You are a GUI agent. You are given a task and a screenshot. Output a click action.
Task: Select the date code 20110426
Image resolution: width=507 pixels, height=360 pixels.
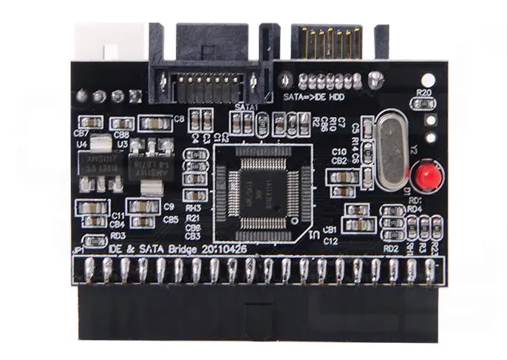(221, 250)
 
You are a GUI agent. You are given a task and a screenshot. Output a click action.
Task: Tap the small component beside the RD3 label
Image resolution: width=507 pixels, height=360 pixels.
(94, 240)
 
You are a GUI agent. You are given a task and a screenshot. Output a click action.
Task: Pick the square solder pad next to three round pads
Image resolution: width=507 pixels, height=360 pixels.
(135, 95)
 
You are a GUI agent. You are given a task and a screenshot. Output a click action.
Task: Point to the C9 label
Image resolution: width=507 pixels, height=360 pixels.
(169, 206)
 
